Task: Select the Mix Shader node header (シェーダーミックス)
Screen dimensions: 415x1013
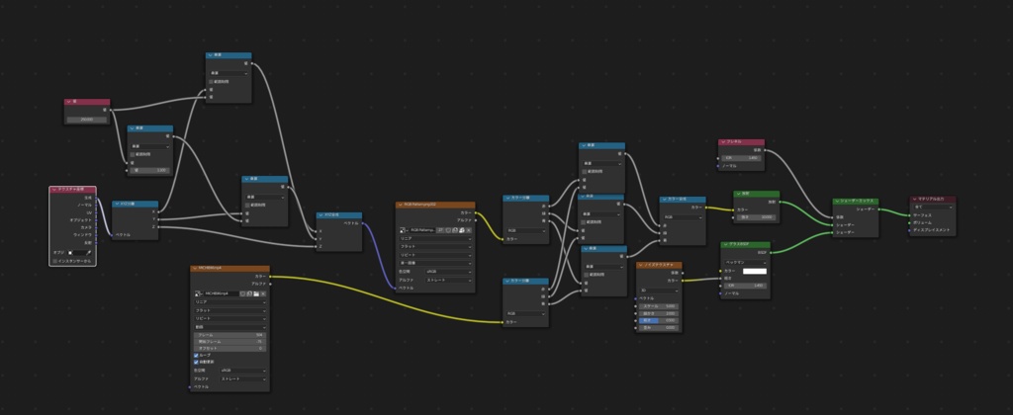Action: (855, 201)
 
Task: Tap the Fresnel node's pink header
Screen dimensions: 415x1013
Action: (741, 142)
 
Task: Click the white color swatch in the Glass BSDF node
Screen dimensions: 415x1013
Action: (755, 271)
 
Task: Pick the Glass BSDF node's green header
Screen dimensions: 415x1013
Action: (742, 244)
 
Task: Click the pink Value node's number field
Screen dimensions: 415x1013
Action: (87, 119)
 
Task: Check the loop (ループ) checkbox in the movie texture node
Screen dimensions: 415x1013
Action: (197, 355)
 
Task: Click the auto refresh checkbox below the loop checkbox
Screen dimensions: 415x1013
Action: (197, 362)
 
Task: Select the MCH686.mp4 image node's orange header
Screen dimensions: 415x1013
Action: (230, 268)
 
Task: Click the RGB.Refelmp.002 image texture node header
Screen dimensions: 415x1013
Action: (435, 205)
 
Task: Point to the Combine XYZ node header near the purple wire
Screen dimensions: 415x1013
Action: (339, 214)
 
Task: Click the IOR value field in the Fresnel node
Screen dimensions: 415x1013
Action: (741, 158)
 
